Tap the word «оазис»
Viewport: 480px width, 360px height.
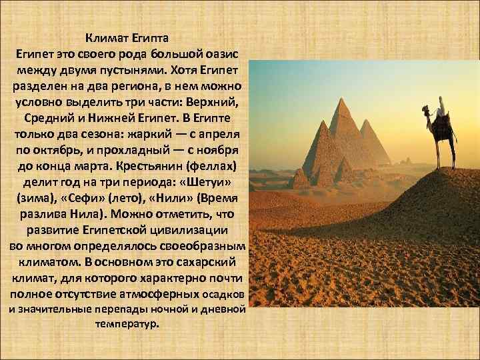coord(226,53)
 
